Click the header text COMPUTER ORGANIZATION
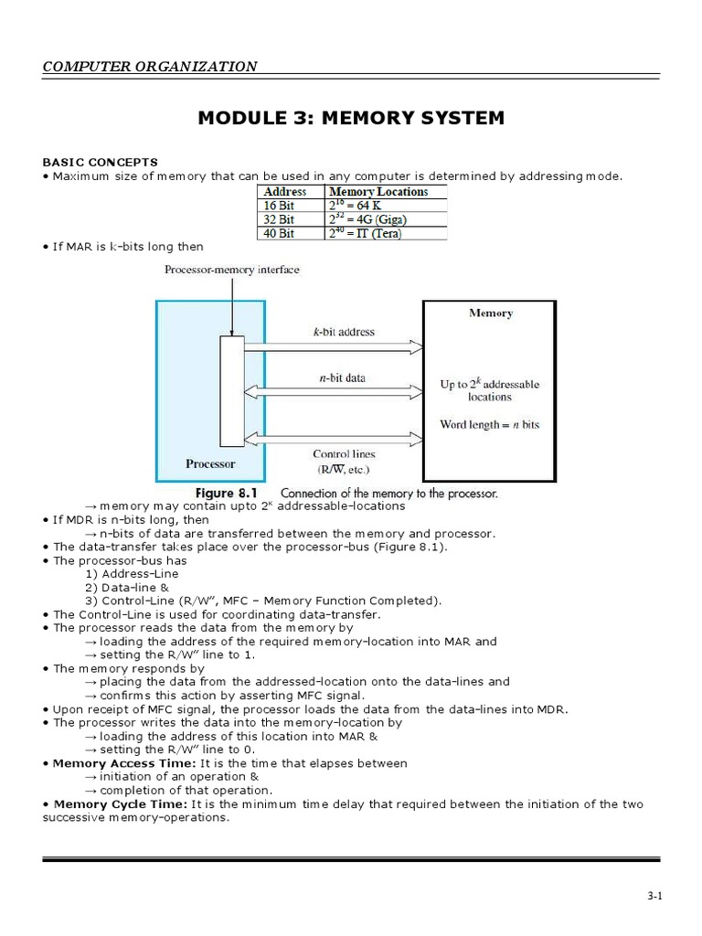[150, 66]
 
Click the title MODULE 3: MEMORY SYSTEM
[351, 118]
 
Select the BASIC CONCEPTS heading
[100, 162]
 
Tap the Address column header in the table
[285, 192]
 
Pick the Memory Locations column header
[378, 192]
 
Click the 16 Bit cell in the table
[279, 206]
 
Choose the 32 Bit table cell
[279, 219]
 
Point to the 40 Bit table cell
[279, 233]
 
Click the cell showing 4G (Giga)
[367, 219]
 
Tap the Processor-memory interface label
[231, 270]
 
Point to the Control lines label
[344, 453]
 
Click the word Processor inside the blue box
[210, 463]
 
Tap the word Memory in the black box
[491, 314]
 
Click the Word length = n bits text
[489, 424]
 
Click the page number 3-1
[654, 897]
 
